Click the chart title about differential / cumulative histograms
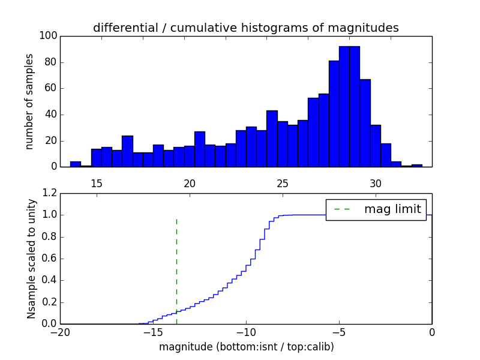(246, 28)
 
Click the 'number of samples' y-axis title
(29, 101)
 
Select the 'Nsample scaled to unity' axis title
(32, 258)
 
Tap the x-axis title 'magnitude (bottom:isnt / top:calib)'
(246, 347)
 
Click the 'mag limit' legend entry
(392, 209)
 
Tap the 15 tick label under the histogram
(97, 183)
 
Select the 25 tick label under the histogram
(283, 183)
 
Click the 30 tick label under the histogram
(376, 183)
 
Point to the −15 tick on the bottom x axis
(152, 332)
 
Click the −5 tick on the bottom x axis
(338, 332)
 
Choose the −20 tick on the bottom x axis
(59, 332)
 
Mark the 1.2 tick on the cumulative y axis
(49, 193)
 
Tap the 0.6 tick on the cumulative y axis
(49, 259)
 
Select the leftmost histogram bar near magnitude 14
(75, 164)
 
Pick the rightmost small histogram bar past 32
(416, 165)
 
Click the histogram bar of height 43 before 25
(272, 139)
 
